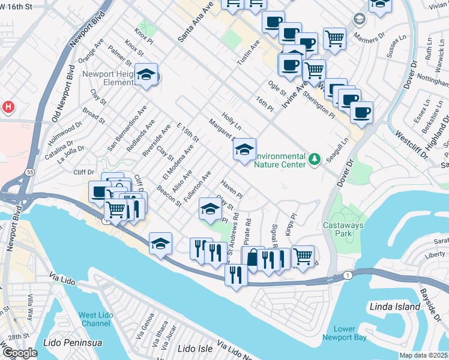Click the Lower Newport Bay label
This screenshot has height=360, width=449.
(352, 333)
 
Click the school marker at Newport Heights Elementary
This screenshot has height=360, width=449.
(146, 74)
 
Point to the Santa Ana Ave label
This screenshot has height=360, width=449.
(196, 21)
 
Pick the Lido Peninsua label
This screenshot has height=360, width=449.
(73, 343)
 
